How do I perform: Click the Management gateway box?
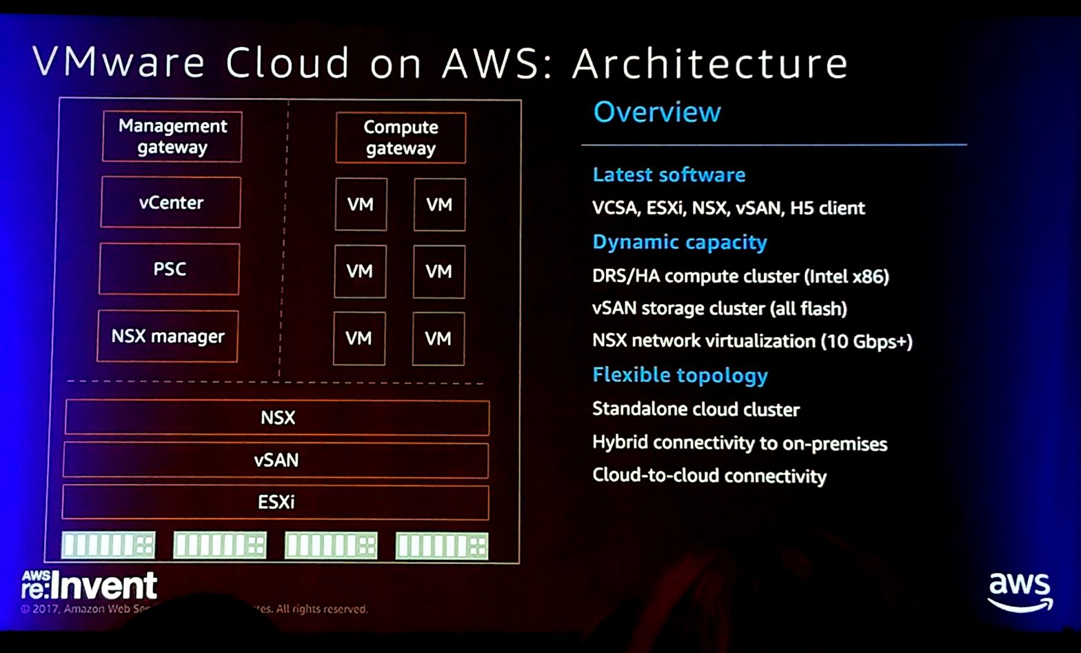pos(172,137)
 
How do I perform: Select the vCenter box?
pos(170,202)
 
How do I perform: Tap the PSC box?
pos(169,269)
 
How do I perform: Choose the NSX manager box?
pos(168,336)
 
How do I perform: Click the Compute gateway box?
pos(401,138)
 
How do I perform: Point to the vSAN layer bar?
pos(276,460)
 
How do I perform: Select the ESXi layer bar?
pos(276,502)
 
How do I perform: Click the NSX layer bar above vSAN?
pos(277,418)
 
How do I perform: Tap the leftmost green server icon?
pos(108,545)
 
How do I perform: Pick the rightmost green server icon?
pos(442,546)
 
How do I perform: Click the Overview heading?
pos(657,112)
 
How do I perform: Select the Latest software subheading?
pos(669,175)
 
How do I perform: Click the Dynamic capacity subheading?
pos(679,243)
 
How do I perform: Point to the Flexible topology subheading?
pos(680,376)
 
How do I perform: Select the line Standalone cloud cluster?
pos(696,410)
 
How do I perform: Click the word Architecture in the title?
pos(710,63)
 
